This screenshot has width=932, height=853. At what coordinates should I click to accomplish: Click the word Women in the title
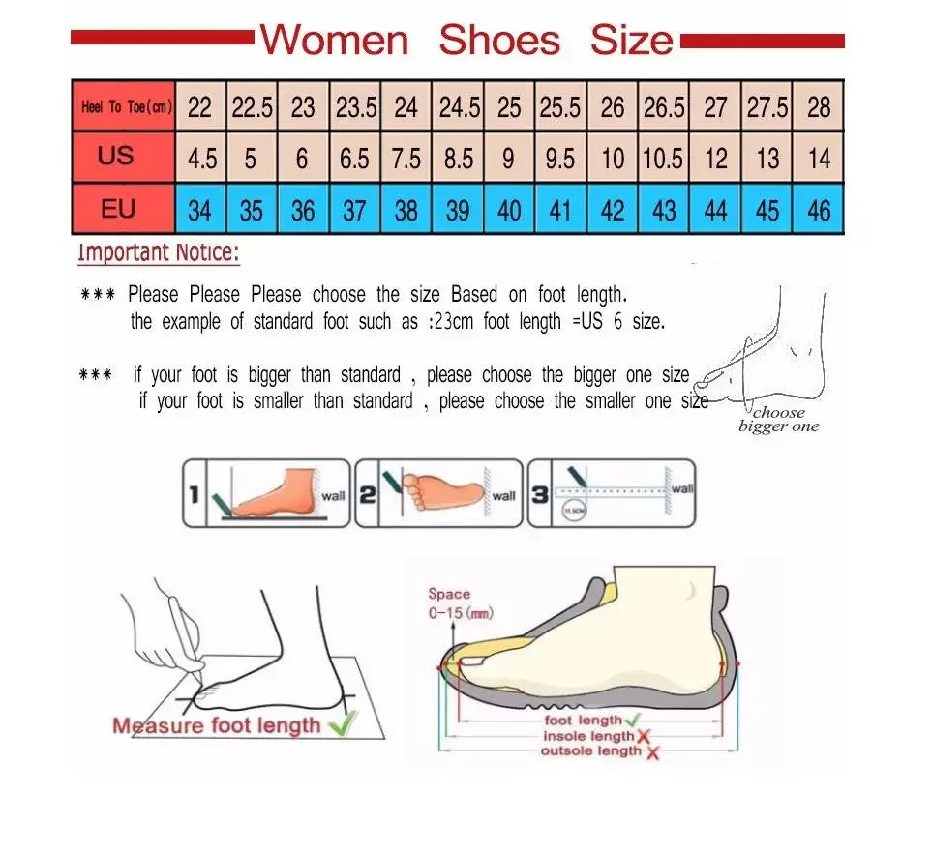335,41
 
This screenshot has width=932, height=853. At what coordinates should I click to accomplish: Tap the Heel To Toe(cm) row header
125,107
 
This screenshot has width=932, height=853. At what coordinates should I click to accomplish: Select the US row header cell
116,156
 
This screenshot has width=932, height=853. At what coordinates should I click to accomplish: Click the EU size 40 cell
509,210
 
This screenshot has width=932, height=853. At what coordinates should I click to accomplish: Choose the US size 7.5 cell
406,158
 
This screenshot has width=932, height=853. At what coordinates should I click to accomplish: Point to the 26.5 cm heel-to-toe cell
664,107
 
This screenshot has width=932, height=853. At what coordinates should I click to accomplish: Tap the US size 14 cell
819,158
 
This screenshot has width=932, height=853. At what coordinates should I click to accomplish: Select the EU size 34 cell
199,210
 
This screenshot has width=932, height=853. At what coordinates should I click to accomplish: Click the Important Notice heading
158,253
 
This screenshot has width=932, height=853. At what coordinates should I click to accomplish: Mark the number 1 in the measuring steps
194,495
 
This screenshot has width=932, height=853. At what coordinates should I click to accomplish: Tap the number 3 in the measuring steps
540,496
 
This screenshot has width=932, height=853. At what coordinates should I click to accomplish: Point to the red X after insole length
643,737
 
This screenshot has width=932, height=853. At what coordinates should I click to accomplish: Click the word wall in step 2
504,496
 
